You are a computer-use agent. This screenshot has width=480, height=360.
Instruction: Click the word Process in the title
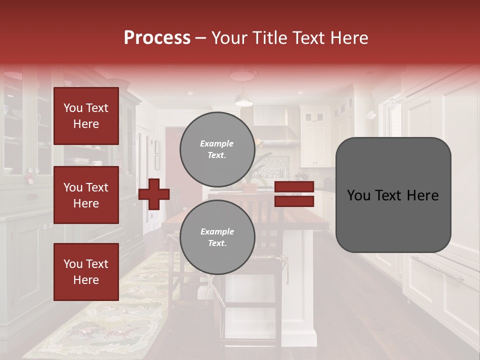157,38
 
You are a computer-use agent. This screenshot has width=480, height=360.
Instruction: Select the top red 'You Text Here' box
86,116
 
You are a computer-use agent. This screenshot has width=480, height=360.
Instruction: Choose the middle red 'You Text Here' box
86,195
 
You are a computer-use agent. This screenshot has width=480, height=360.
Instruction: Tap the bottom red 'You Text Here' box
86,271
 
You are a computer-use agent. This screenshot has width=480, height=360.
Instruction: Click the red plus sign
154,194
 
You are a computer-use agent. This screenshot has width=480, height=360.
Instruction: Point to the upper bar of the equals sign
294,187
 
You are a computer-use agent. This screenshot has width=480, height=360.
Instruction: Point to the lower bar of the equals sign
294,201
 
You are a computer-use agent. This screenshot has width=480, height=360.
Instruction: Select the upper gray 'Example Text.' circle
217,149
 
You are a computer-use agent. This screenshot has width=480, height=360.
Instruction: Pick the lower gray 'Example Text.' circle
217,237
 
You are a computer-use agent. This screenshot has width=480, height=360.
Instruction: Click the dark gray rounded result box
393,195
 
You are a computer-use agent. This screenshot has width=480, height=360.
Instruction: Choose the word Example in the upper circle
217,144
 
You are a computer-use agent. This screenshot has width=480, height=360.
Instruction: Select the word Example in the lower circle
217,232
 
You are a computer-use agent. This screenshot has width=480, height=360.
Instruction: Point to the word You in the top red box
73,108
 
